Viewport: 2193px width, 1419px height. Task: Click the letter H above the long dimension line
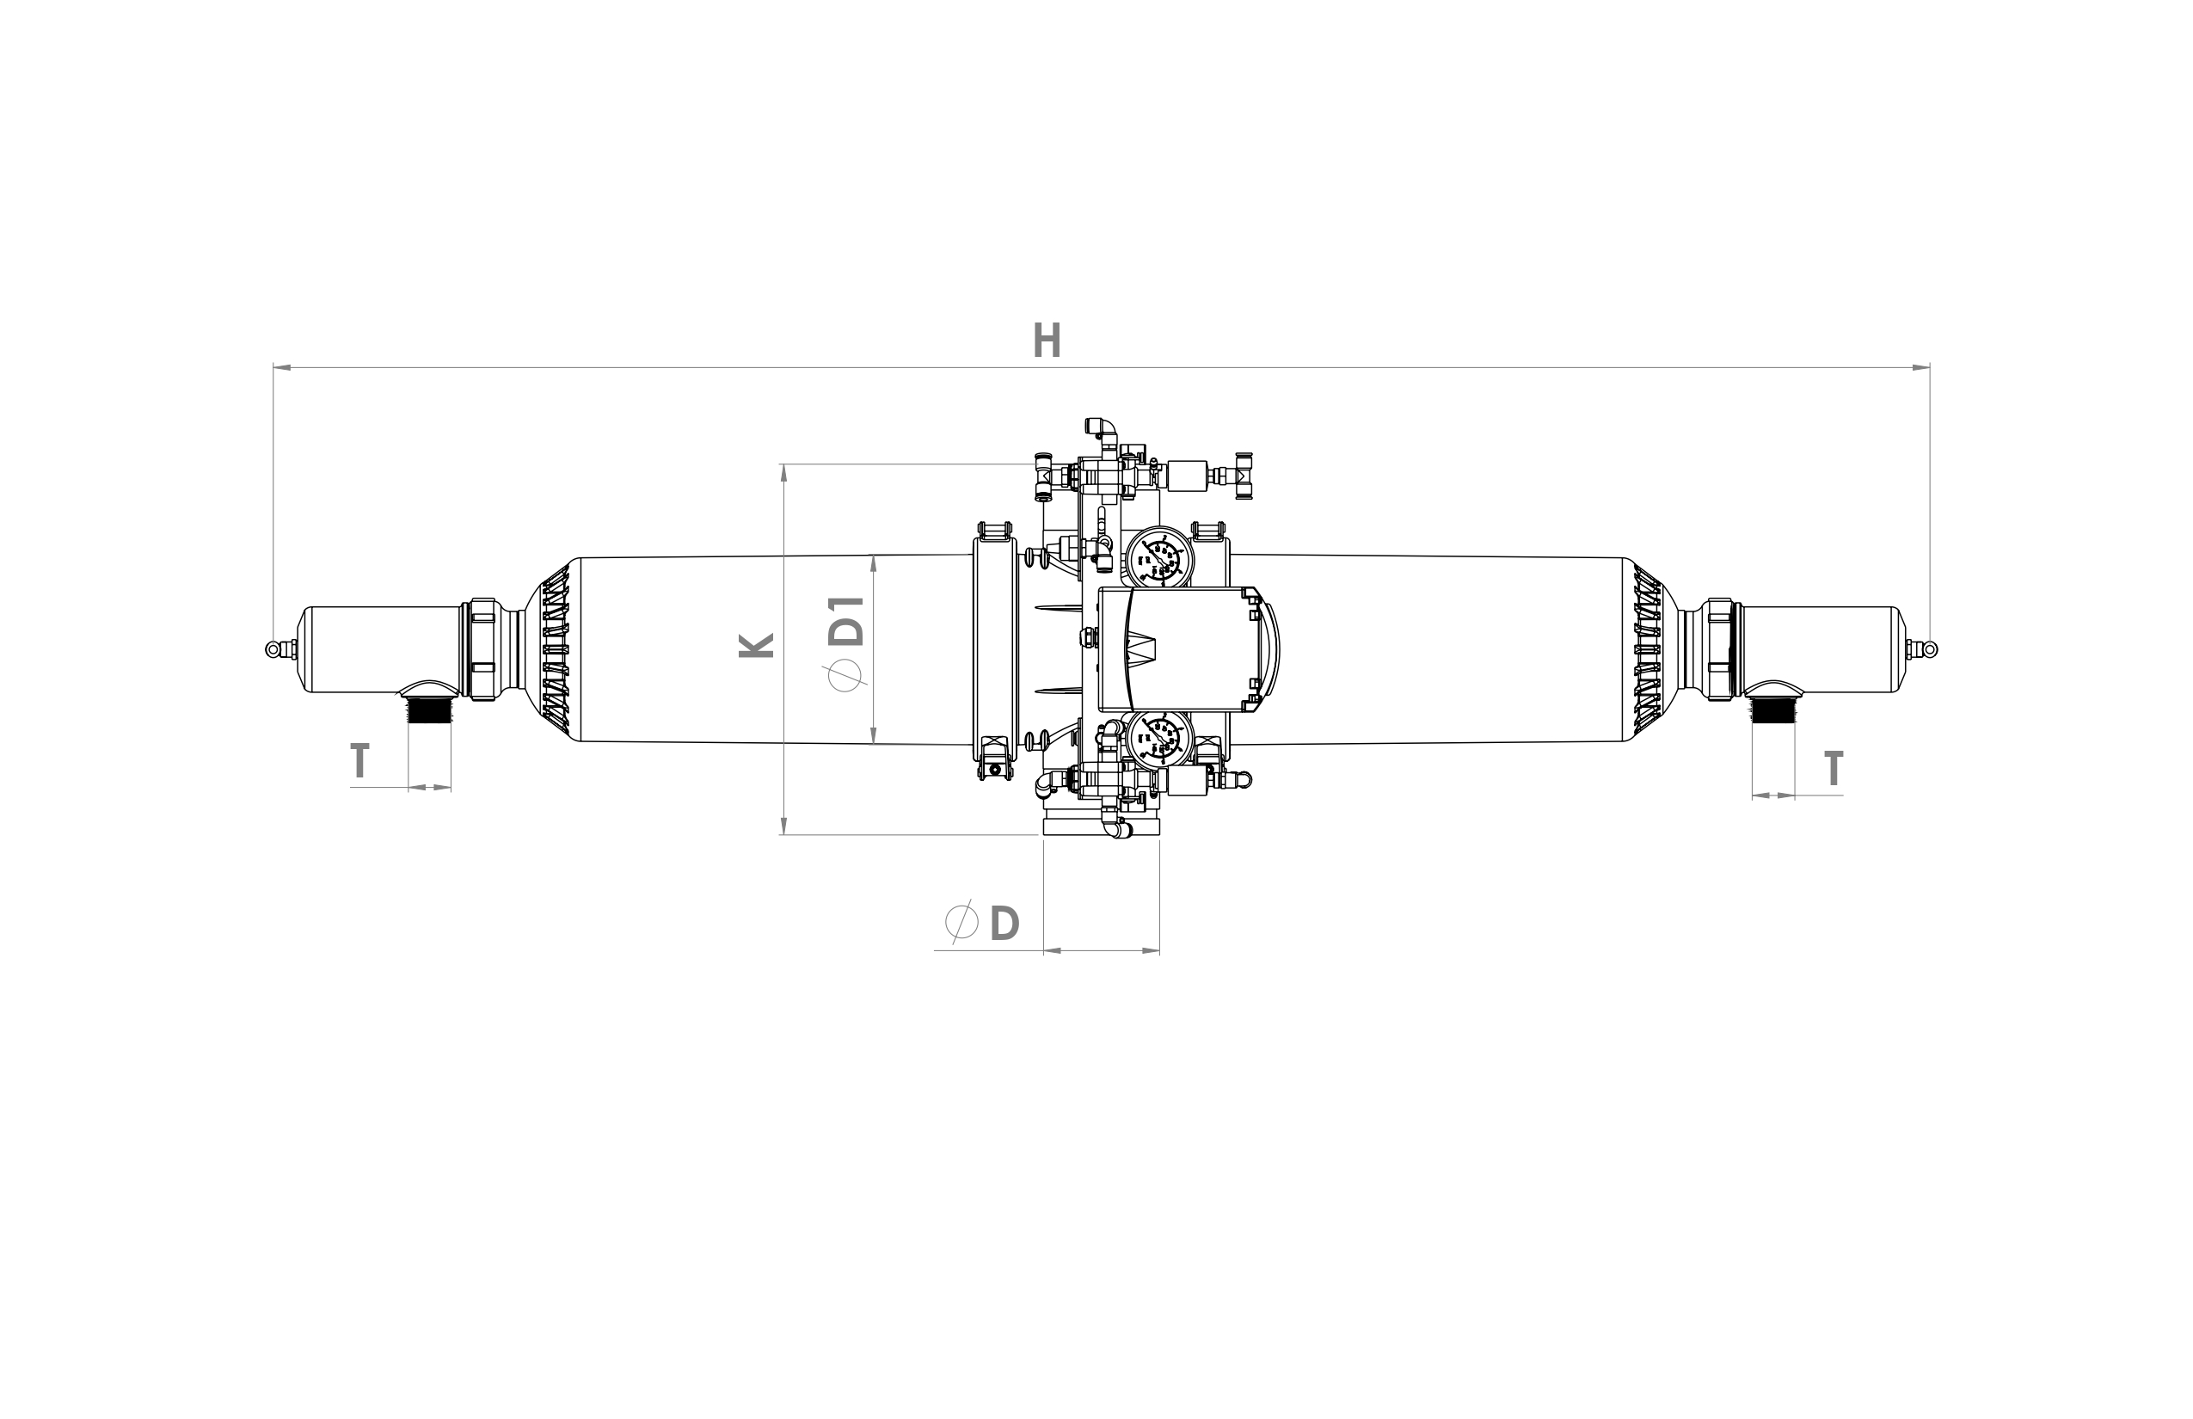1047,341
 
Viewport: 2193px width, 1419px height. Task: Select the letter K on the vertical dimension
757,645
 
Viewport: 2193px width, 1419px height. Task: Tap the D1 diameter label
847,621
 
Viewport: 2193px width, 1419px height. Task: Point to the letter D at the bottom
1004,924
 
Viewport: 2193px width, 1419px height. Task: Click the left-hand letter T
359,762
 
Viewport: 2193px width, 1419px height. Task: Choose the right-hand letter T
1834,770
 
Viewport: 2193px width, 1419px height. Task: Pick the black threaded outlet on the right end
1772,711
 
